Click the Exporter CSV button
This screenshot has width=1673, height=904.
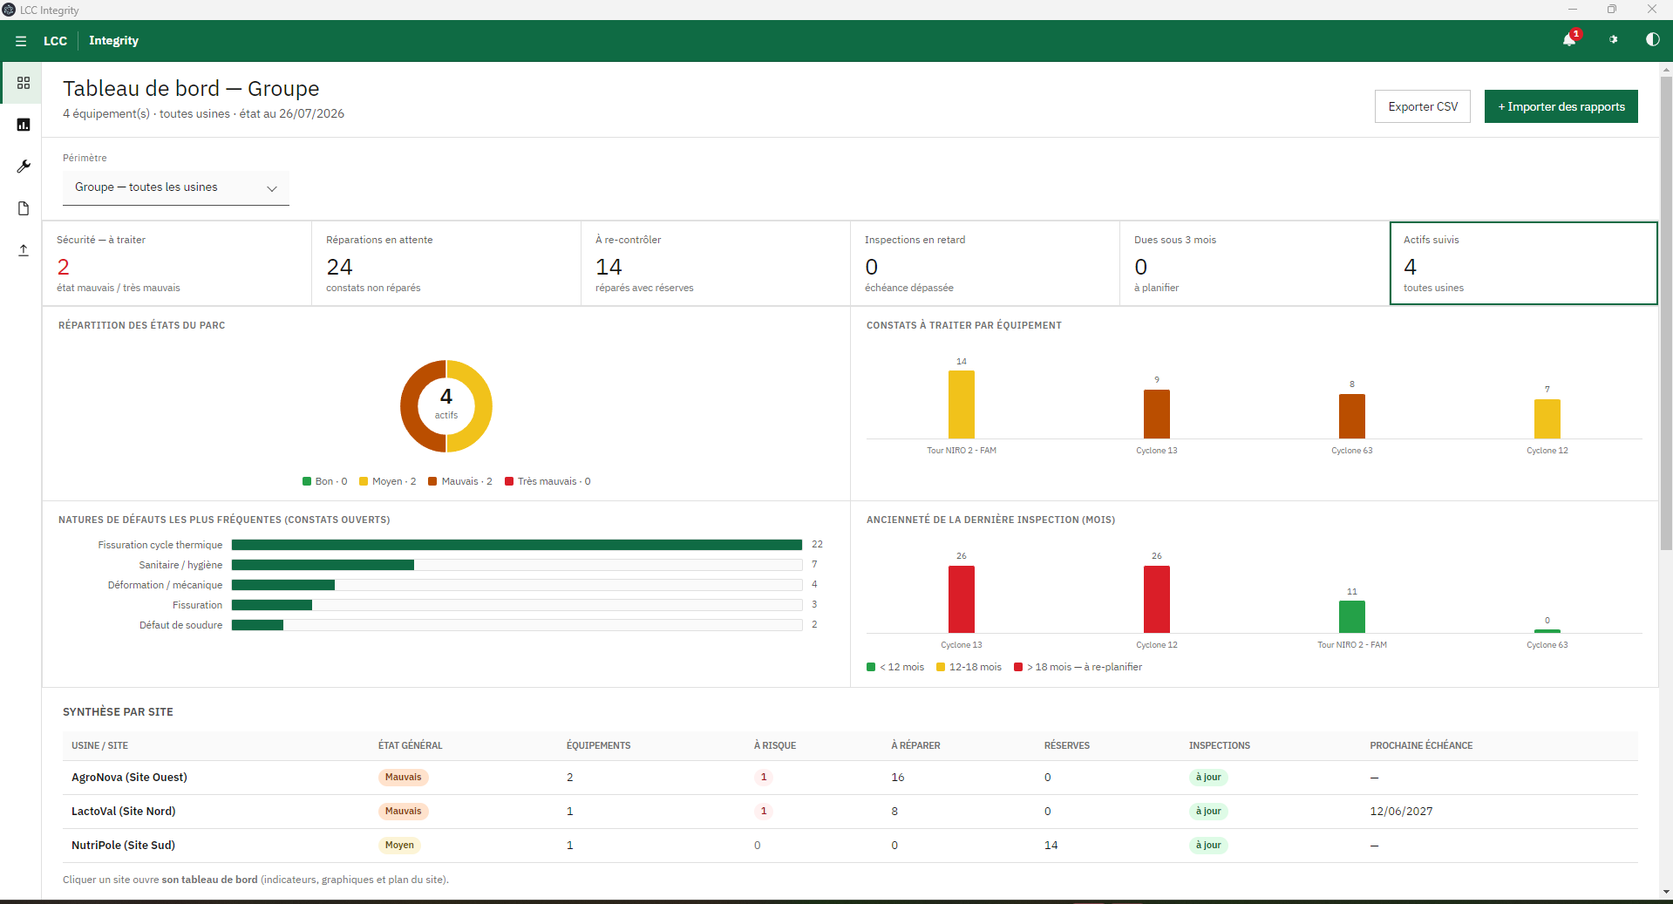[1422, 106]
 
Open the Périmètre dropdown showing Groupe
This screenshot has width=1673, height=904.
[175, 187]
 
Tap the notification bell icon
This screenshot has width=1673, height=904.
[1569, 40]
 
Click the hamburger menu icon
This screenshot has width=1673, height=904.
[21, 41]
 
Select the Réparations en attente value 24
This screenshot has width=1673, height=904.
[339, 267]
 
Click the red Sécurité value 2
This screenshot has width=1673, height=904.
[63, 267]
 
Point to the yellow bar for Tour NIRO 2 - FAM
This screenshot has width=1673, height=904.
[962, 404]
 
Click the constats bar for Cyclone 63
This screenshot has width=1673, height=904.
[1352, 416]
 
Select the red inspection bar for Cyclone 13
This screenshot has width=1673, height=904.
[962, 599]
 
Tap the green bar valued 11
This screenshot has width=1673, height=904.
[1352, 616]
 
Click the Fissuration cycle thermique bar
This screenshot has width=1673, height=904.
[517, 545]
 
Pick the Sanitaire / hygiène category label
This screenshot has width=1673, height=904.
[180, 565]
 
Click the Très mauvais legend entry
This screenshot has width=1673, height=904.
[547, 481]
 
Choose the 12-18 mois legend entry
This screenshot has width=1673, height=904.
[969, 667]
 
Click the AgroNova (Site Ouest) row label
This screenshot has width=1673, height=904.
[129, 778]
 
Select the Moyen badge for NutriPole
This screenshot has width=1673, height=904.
[399, 845]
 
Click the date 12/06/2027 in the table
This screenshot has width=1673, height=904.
[1401, 812]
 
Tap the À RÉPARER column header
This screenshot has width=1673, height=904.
[915, 745]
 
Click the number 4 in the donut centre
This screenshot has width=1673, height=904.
[446, 397]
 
